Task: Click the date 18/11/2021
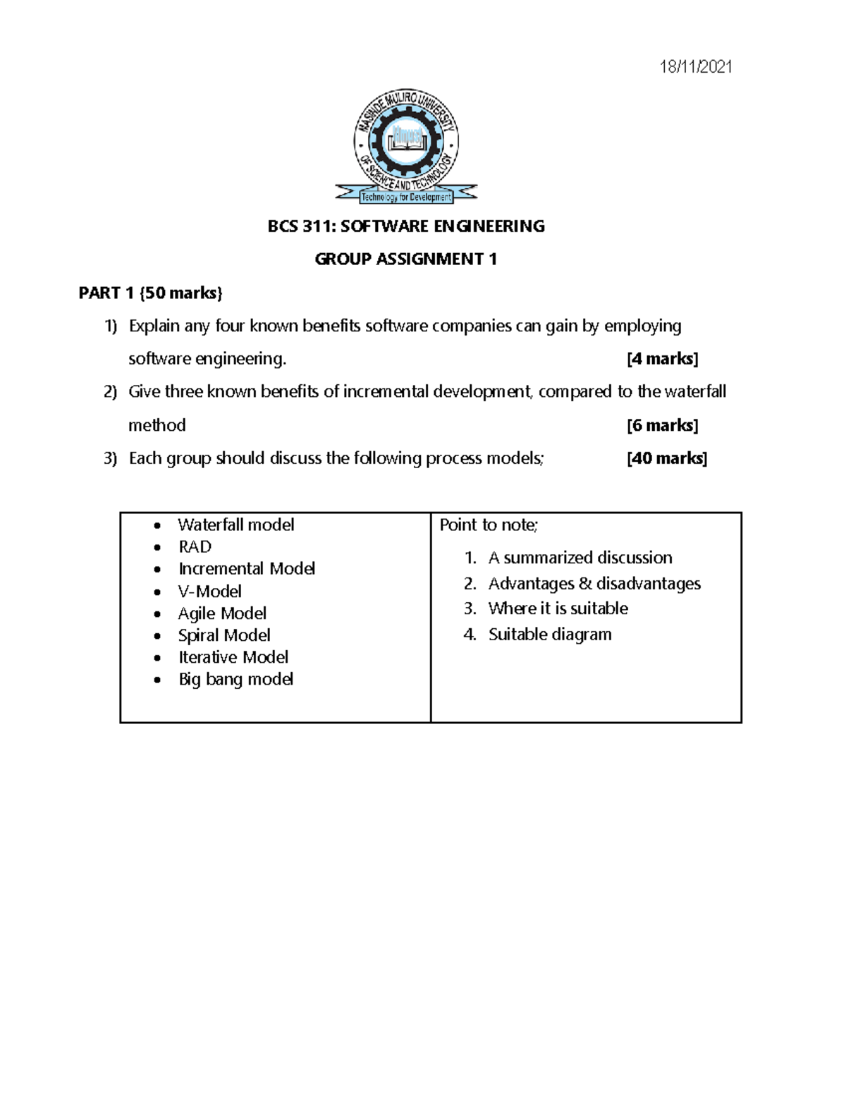point(695,67)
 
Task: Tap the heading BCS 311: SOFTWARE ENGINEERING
point(406,226)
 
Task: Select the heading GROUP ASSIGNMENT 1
point(406,259)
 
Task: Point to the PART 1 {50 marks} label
point(150,293)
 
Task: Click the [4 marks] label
point(662,359)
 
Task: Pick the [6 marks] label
point(662,425)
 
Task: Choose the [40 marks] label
point(666,458)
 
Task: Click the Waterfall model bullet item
point(235,525)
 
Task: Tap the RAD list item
point(195,546)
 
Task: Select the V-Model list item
point(209,591)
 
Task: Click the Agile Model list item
point(222,613)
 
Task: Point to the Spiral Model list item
point(224,635)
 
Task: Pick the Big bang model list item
point(235,679)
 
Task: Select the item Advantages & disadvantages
point(594,584)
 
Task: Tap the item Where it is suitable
point(558,608)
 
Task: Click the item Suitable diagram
point(549,635)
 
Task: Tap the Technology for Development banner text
point(406,197)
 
